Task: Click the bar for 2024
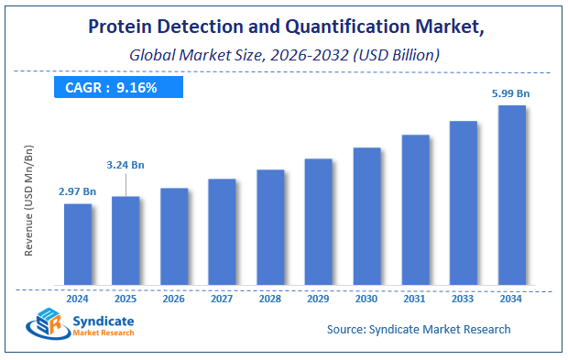(78, 244)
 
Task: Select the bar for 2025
(126, 240)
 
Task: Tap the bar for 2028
(270, 226)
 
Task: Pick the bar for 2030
(366, 215)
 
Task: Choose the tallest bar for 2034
(511, 194)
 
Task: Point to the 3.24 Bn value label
(126, 164)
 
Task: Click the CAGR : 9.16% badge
(118, 87)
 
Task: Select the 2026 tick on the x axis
(174, 298)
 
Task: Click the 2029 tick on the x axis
(318, 298)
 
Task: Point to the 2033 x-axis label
(463, 298)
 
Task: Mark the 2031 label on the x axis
(415, 298)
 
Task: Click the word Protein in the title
(121, 28)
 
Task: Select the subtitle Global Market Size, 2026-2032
(284, 54)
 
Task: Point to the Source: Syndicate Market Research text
(418, 329)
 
